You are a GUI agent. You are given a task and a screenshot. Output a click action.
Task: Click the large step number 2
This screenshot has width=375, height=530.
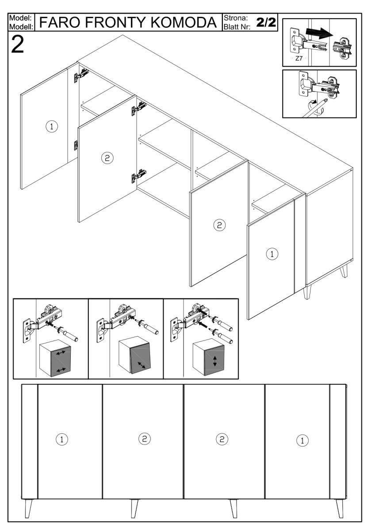point(18,45)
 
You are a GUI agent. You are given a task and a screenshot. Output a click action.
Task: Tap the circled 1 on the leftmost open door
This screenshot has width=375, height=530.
point(52,127)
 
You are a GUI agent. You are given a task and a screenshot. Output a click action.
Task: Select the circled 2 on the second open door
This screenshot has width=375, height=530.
point(107,158)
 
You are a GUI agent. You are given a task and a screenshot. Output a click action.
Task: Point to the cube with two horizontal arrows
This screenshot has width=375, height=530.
point(55,358)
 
